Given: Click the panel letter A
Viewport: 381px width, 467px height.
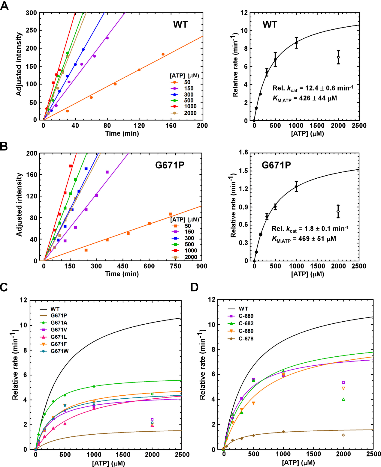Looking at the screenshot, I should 4,6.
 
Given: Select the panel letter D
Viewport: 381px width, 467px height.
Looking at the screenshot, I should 194,287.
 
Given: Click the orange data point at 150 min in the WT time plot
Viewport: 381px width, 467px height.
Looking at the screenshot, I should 163,54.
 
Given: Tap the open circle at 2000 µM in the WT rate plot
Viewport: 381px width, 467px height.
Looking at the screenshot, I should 338,57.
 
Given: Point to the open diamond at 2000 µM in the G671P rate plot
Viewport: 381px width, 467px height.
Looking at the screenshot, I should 338,212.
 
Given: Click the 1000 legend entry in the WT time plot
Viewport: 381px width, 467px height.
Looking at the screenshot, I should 190,106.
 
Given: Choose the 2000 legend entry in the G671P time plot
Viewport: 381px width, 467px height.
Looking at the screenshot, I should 191,257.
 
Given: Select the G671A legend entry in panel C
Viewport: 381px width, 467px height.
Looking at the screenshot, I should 59,323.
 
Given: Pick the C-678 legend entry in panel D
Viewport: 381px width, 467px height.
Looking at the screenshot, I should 246,339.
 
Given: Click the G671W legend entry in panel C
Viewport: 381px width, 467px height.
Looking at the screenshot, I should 59,351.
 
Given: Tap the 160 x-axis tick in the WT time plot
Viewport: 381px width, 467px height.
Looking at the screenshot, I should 171,126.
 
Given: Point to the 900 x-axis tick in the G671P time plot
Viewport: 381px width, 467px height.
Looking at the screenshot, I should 202,266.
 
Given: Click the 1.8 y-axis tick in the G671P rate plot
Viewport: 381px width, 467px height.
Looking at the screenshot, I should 243,153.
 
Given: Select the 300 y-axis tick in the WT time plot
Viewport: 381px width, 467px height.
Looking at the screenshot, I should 31,13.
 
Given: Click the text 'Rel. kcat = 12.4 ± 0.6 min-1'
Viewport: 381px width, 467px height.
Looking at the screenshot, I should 313,88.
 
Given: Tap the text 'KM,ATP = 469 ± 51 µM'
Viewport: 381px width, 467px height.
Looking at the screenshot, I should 304,239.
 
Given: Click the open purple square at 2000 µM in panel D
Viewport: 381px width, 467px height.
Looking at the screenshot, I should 343,382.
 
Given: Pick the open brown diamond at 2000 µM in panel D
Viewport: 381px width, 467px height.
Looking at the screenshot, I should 343,435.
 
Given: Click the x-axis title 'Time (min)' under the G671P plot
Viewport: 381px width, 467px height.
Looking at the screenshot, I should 122,274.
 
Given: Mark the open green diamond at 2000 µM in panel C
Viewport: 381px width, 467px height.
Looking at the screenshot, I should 152,394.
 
